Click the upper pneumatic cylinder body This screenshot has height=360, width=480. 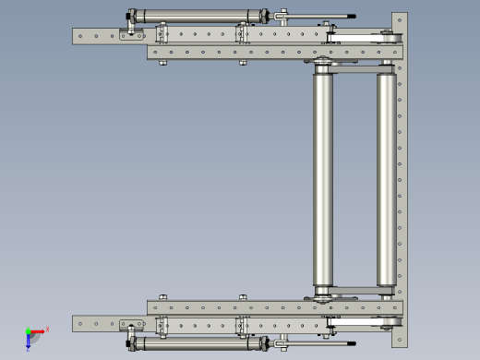pos(198,16)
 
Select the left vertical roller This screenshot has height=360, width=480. pos(323,180)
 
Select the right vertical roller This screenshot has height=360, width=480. pos(386,180)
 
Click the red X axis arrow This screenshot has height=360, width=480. pos(38,330)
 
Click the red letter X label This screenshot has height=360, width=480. pos(47,328)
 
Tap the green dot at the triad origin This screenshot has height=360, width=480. pos(28,330)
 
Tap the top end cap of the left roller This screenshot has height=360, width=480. pos(323,72)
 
